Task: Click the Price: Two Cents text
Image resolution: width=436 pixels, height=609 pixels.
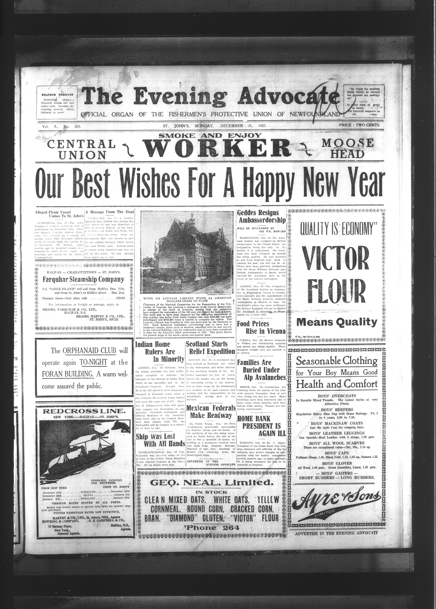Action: tap(359, 125)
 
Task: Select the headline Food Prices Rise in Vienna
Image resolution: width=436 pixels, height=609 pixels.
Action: tap(261, 327)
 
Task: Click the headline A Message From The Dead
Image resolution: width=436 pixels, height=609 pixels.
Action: tap(110, 212)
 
